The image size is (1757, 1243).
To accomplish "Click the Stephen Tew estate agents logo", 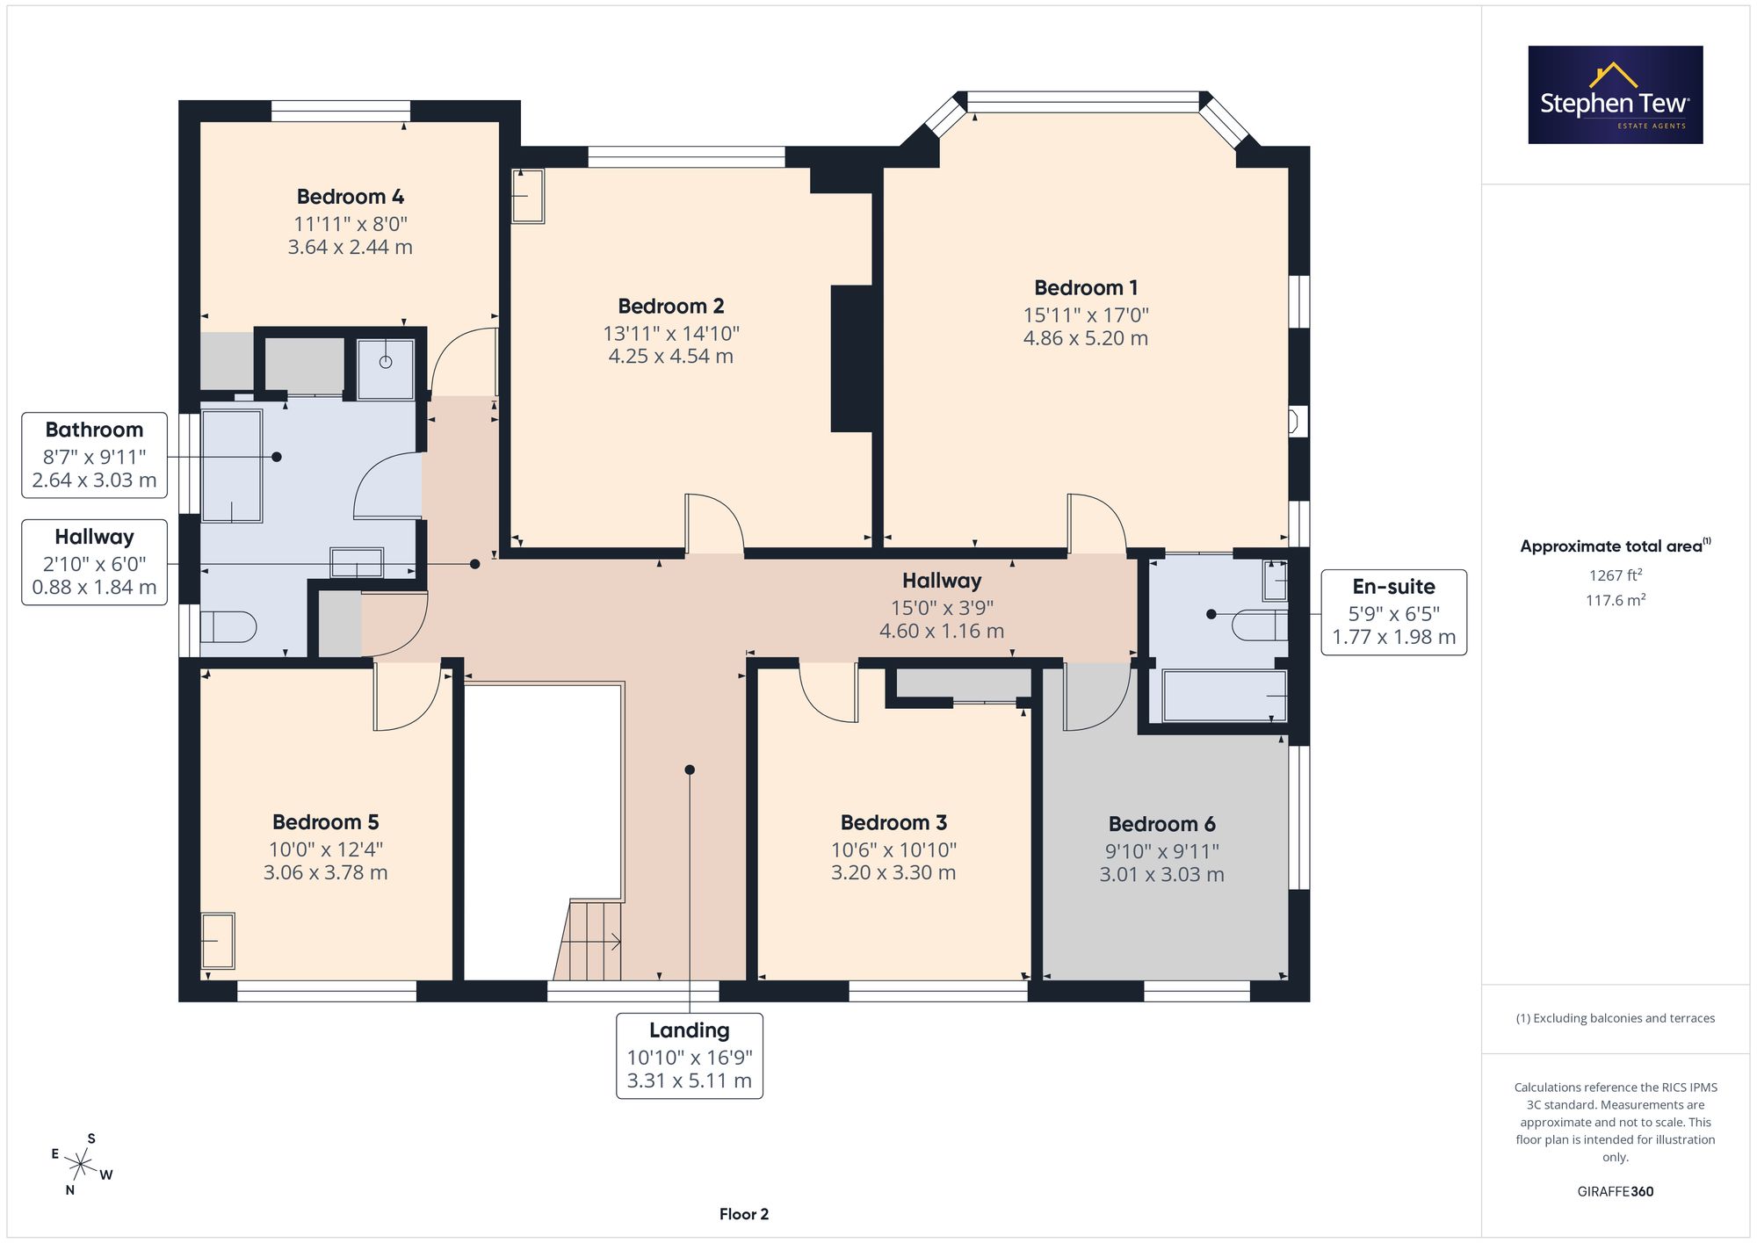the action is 1616,95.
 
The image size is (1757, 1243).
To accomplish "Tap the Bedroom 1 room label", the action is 1086,288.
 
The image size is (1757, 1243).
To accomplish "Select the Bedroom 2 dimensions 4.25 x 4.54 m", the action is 671,357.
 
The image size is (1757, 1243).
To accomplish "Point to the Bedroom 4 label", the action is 350,197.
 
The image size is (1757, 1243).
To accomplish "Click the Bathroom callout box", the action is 94,455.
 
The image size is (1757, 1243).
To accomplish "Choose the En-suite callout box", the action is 1394,612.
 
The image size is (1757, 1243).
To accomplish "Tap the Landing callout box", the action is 690,1056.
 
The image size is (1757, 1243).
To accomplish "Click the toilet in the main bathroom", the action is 228,627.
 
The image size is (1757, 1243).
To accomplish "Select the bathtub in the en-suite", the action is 1225,696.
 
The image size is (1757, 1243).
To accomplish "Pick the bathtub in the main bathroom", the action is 232,466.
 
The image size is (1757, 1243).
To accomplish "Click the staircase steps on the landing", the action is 588,940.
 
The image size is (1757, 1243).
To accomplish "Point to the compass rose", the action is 81,1166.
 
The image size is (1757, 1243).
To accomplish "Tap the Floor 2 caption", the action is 744,1214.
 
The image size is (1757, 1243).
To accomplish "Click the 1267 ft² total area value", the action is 1616,575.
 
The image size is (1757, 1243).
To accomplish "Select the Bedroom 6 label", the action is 1161,824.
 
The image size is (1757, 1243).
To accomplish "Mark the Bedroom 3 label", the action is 893,823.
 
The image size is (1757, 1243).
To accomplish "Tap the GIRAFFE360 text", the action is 1616,1192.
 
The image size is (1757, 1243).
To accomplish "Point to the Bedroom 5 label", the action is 325,822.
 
